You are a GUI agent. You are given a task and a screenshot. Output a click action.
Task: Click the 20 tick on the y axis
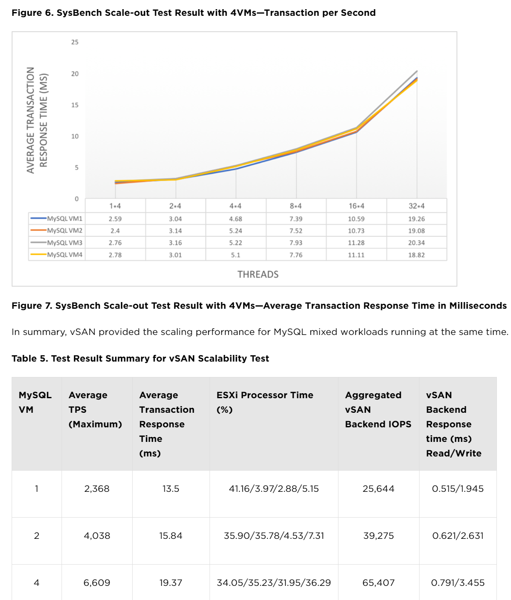coord(75,74)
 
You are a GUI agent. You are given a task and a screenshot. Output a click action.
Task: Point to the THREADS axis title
coord(258,274)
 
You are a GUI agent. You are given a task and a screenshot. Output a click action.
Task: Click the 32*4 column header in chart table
coord(416,206)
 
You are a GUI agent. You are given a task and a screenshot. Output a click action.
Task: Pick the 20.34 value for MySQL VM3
coord(416,243)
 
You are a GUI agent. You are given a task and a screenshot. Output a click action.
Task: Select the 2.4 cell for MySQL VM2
coord(115,231)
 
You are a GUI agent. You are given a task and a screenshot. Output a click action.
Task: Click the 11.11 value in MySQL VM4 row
coord(356,255)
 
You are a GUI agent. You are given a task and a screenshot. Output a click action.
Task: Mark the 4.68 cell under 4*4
coord(235,218)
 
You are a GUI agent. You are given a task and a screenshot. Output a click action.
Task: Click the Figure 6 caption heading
coord(193,13)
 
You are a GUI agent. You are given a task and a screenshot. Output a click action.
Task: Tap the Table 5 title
coord(140,358)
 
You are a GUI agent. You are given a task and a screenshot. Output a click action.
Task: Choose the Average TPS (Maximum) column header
coord(95,409)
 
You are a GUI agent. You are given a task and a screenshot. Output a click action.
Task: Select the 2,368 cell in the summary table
coord(97,488)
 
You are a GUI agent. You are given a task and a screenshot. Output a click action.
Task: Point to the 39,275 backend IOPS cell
coord(378,536)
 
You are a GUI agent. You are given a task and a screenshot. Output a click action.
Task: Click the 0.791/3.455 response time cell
coord(458,583)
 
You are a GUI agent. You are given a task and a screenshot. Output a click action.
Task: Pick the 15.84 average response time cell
coord(170,536)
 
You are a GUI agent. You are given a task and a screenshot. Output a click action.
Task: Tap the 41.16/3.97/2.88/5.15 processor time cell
coord(274,488)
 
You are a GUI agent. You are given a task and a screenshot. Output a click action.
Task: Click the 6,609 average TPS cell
coord(97,583)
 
